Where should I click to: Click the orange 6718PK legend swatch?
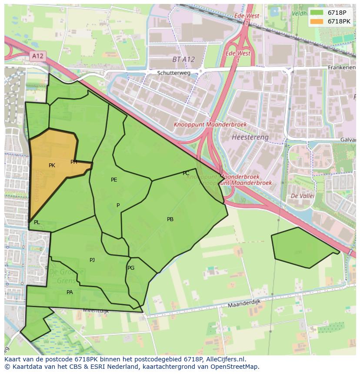(x=317, y=21)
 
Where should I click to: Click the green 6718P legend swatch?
(x=317, y=13)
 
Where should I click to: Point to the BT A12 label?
(x=183, y=60)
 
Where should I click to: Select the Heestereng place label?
(x=250, y=137)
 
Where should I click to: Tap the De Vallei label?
(x=302, y=196)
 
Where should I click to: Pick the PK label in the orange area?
(x=52, y=165)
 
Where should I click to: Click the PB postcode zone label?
(x=170, y=219)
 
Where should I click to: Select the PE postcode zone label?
(x=114, y=180)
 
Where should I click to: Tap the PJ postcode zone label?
(x=92, y=260)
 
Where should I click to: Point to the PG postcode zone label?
(x=131, y=268)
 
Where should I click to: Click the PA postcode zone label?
(x=70, y=292)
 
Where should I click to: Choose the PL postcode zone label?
(x=37, y=222)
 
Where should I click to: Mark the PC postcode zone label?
(x=186, y=173)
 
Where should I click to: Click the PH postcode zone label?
(x=74, y=162)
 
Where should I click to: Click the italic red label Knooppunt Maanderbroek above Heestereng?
(x=210, y=125)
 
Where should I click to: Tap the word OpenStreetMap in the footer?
(x=234, y=367)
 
